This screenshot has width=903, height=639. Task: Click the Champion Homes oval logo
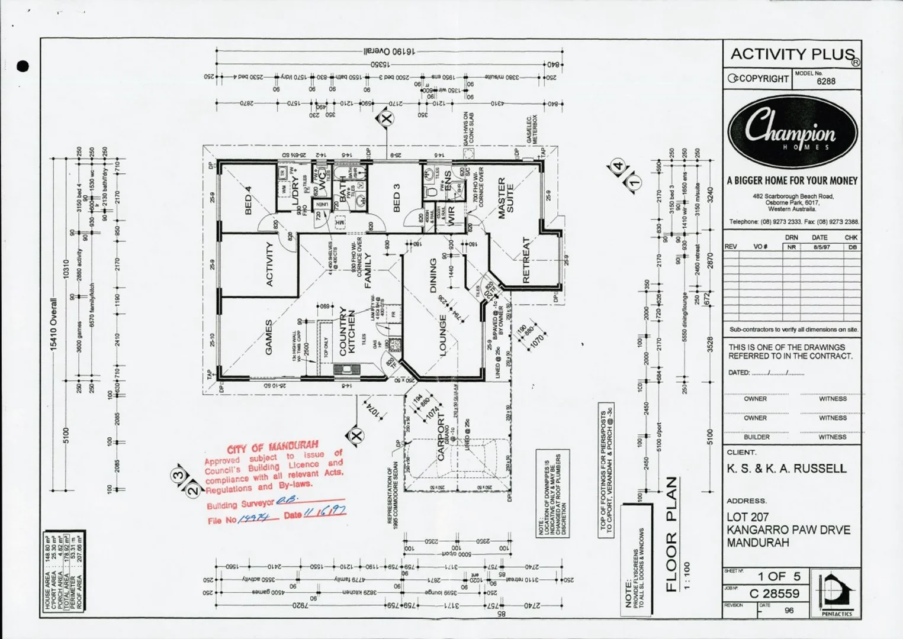click(x=792, y=132)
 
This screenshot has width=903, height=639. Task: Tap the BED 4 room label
click(x=248, y=200)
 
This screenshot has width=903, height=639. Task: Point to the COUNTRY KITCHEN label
click(x=348, y=332)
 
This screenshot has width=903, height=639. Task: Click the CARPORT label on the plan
click(x=441, y=437)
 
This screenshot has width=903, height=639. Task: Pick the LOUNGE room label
click(x=442, y=335)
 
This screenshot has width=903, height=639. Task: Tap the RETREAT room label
click(x=526, y=260)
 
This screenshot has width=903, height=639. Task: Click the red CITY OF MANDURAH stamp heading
click(x=272, y=447)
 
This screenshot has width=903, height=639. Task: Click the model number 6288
click(x=826, y=82)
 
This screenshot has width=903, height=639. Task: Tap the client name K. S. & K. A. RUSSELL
click(x=787, y=469)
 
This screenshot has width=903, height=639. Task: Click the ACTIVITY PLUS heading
click(x=792, y=54)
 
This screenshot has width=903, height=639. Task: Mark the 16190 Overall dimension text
click(x=388, y=51)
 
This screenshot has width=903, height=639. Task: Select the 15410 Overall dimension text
click(x=54, y=324)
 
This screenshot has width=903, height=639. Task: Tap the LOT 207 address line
click(x=748, y=517)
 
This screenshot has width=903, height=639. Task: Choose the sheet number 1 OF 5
click(x=779, y=576)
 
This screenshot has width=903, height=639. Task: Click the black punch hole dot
click(x=23, y=66)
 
